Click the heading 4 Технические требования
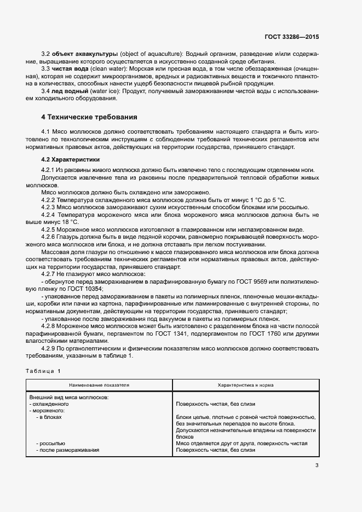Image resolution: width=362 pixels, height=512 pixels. [89, 117]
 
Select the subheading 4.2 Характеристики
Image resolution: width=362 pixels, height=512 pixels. [71, 159]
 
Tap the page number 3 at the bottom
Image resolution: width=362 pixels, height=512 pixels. [317, 465]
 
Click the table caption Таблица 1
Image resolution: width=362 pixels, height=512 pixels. [43, 371]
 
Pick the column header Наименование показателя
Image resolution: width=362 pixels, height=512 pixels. [99, 385]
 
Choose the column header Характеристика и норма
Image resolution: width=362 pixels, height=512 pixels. [246, 385]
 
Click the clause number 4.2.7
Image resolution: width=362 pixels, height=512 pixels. [50, 273]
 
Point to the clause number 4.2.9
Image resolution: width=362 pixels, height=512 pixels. [50, 348]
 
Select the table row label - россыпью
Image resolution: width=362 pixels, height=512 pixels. [50, 443]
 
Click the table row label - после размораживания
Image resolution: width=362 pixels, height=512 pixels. [67, 450]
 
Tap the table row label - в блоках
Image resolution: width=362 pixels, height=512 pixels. [49, 417]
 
